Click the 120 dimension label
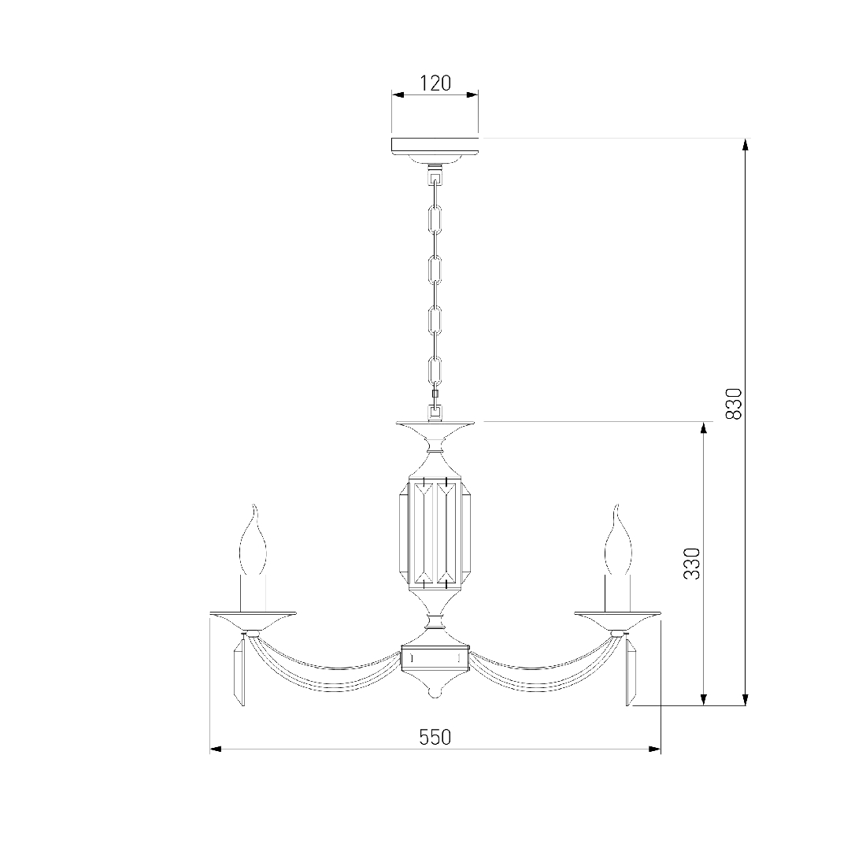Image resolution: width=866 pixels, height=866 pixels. (x=435, y=83)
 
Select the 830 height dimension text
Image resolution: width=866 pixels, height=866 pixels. (x=734, y=404)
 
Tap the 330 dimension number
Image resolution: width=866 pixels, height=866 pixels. (x=691, y=564)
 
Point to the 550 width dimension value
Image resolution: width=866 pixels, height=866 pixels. (x=435, y=738)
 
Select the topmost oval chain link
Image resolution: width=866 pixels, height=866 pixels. (x=435, y=220)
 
